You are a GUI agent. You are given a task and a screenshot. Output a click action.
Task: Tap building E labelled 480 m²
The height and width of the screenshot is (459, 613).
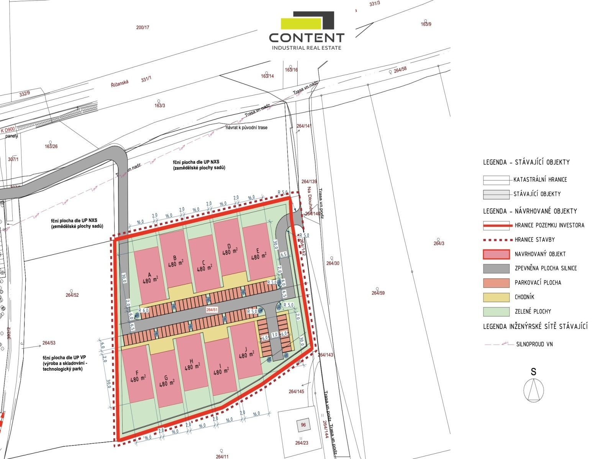point(258,252)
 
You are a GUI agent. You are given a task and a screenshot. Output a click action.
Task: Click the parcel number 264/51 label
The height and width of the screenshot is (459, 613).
point(212,310)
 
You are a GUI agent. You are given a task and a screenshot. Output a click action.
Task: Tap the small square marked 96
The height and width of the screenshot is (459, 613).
point(303,425)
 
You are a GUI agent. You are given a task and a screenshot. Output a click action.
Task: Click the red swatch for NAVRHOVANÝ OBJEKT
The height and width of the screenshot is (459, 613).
point(496,254)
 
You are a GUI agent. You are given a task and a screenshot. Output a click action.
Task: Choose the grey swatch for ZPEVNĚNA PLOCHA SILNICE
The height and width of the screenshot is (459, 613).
point(496,269)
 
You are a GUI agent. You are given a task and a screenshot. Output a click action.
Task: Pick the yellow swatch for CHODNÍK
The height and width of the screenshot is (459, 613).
point(496,297)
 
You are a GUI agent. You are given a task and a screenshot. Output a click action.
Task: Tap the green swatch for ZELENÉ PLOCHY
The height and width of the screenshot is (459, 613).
point(496,311)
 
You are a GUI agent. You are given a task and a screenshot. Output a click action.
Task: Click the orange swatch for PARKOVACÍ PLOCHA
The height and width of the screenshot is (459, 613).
point(496,283)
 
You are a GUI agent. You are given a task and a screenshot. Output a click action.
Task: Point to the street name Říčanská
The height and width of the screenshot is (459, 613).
point(120,83)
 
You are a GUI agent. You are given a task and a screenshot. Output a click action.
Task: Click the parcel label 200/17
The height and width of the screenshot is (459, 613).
point(143,28)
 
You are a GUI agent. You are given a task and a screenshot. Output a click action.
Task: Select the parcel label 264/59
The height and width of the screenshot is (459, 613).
point(378,293)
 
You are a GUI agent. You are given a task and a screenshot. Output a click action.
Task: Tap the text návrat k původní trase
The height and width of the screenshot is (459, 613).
point(246,127)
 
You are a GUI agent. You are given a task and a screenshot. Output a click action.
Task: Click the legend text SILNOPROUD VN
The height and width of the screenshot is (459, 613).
point(534,344)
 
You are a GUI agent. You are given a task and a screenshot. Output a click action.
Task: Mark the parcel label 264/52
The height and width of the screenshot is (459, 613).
point(72,295)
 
